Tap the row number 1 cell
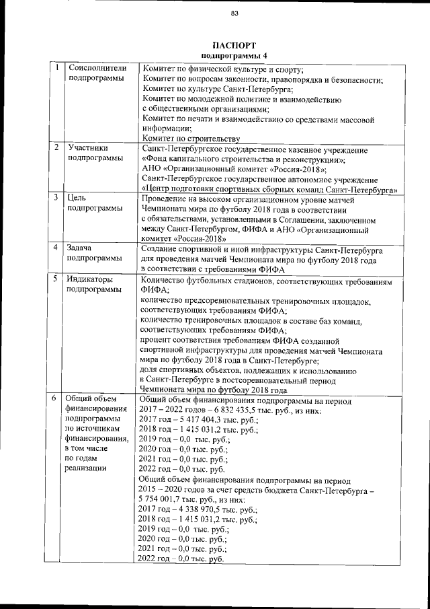(x=58, y=68)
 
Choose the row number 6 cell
(x=58, y=398)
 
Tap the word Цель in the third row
(x=76, y=198)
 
